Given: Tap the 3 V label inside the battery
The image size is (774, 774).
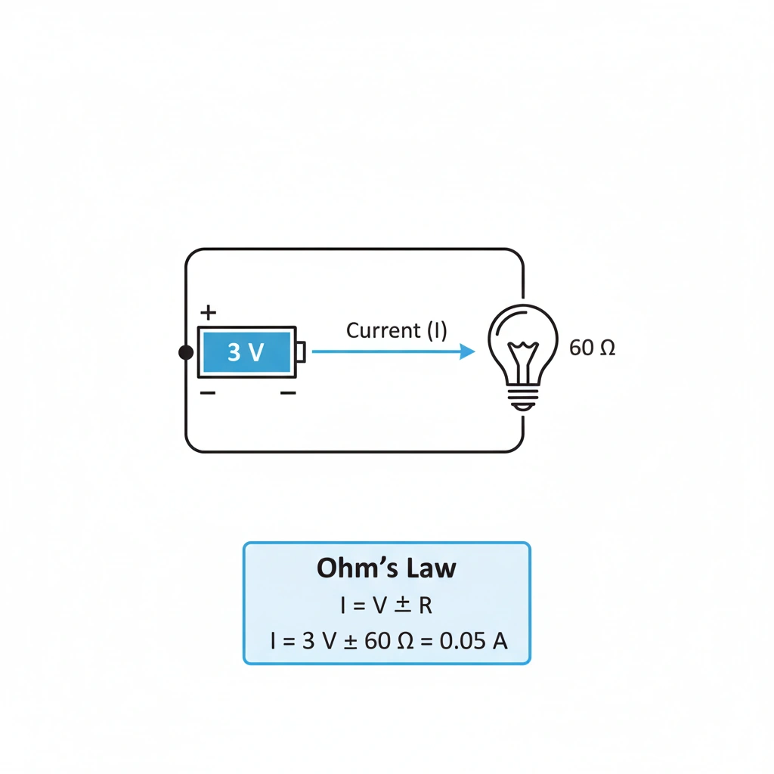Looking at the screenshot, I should pyautogui.click(x=245, y=352).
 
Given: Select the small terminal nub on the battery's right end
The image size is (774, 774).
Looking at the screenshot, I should pyautogui.click(x=301, y=352).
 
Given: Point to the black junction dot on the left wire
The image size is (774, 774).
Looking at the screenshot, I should pyautogui.click(x=185, y=352).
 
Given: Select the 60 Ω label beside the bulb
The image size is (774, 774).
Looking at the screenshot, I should pyautogui.click(x=593, y=348).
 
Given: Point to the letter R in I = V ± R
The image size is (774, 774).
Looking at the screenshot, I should pyautogui.click(x=426, y=605).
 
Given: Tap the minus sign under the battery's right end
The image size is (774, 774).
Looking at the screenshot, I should pyautogui.click(x=287, y=393).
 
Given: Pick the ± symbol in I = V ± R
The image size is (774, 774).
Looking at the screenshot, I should pyautogui.click(x=402, y=605).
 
